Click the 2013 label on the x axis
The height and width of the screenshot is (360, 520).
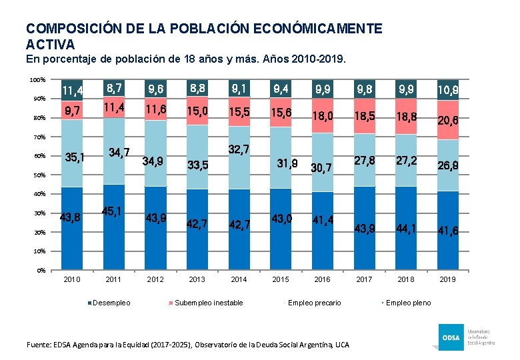(x=197, y=279)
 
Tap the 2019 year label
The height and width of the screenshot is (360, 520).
(x=447, y=279)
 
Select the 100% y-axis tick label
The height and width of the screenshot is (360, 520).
(x=37, y=80)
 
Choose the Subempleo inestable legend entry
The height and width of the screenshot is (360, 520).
(x=208, y=303)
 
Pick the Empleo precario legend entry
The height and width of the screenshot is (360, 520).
(x=314, y=303)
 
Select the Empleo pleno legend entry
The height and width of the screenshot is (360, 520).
(x=408, y=303)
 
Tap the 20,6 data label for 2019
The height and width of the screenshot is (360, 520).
(x=448, y=120)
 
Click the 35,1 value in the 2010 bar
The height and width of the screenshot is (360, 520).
(x=75, y=159)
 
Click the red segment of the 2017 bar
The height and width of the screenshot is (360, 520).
(x=364, y=117)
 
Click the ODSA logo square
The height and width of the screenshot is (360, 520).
(x=450, y=336)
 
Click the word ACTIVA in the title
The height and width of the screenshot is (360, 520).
(x=50, y=45)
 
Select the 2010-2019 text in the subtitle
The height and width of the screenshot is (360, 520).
(x=317, y=59)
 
